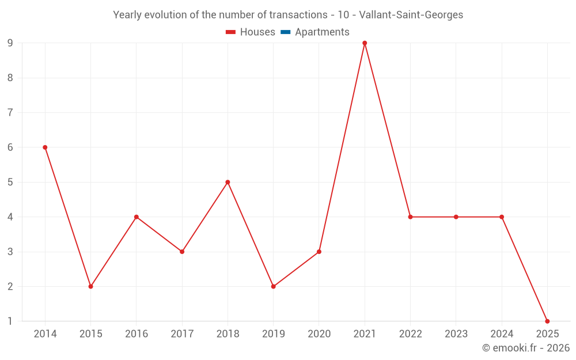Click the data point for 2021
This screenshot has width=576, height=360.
(x=365, y=43)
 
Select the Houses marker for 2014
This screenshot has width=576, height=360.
(x=45, y=147)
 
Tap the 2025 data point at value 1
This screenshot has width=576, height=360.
(x=547, y=321)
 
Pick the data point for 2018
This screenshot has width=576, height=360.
(x=228, y=182)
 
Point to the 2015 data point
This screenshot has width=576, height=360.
(x=90, y=286)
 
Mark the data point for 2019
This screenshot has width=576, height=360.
(x=273, y=286)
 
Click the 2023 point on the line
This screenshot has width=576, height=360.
(x=456, y=217)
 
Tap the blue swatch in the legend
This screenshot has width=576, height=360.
(x=285, y=32)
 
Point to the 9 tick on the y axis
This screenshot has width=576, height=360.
(x=10, y=43)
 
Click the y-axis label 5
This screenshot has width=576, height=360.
(x=10, y=182)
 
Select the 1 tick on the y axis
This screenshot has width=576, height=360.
(x=10, y=321)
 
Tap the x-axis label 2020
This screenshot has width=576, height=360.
(x=319, y=334)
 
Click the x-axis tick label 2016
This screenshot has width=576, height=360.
(x=137, y=334)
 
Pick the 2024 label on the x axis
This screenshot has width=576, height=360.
(x=502, y=334)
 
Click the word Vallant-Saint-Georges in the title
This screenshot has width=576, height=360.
(x=411, y=15)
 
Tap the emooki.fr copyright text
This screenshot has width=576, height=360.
(x=525, y=348)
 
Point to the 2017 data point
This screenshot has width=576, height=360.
(x=182, y=252)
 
